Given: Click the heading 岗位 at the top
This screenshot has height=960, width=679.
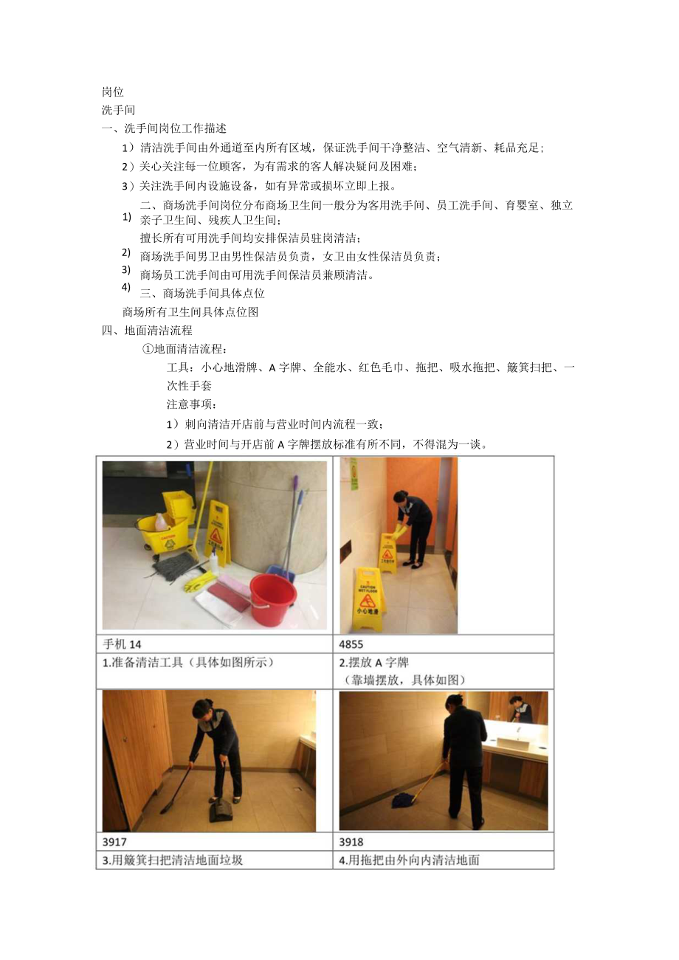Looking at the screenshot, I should pyautogui.click(x=113, y=92).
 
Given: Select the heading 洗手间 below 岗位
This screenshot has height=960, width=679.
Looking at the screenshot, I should pyautogui.click(x=118, y=110).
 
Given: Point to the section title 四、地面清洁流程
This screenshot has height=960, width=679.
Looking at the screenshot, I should pyautogui.click(x=147, y=330).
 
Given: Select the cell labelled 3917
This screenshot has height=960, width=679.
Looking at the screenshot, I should pyautogui.click(x=114, y=841).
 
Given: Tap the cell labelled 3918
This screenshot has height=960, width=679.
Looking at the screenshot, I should pyautogui.click(x=351, y=841).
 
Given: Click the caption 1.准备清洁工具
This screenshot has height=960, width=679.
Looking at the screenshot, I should pyautogui.click(x=188, y=662).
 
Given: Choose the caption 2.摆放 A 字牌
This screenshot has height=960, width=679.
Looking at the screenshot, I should pyautogui.click(x=374, y=662).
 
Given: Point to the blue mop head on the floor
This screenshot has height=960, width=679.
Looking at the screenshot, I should pyautogui.click(x=404, y=799).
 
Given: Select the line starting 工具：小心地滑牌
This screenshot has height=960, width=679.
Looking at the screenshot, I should pyautogui.click(x=371, y=367).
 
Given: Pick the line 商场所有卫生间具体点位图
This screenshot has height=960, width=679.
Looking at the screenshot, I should pyautogui.click(x=190, y=311).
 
